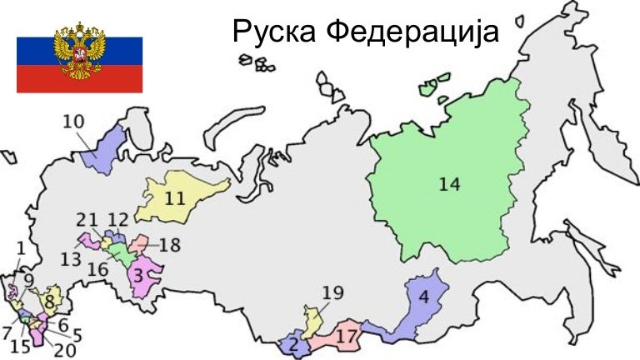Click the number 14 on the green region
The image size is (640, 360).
point(449,185)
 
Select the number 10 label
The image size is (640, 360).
point(74,121)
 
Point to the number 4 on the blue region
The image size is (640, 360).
point(423,297)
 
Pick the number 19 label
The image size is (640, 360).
point(332,292)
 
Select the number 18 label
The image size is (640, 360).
point(169,245)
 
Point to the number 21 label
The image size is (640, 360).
point(87,219)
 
